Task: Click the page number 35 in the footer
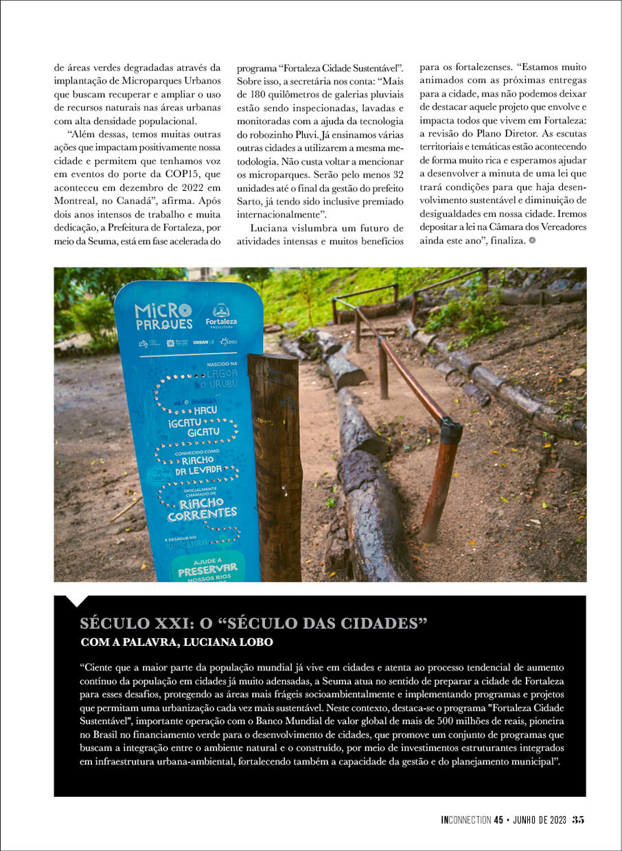coord(578,819)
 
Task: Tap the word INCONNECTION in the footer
coord(466,819)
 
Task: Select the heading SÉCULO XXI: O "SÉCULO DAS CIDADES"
coord(254,624)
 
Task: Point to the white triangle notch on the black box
coord(76,601)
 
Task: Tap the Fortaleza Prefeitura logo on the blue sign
coord(221,316)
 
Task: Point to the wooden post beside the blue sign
coord(276,467)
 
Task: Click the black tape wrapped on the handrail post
coord(450,431)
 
